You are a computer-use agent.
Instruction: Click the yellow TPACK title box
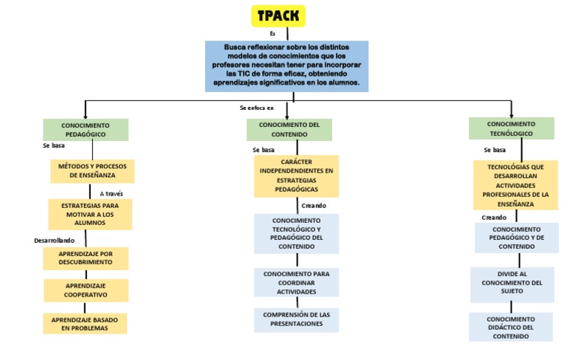pyautogui.click(x=278, y=15)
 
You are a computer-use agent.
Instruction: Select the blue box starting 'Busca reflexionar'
pyautogui.click(x=286, y=66)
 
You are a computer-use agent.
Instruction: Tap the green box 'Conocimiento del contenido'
pyautogui.click(x=289, y=129)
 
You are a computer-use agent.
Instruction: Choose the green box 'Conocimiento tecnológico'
pyautogui.click(x=511, y=128)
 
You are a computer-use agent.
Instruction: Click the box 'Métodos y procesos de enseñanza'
pyautogui.click(x=92, y=171)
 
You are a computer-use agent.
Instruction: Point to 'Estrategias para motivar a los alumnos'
pyautogui.click(x=89, y=214)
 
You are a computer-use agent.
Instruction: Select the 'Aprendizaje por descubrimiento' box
pyautogui.click(x=86, y=257)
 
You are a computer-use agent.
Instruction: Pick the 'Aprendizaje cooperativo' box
pyautogui.click(x=86, y=290)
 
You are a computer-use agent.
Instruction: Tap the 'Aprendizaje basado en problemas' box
pyautogui.click(x=85, y=323)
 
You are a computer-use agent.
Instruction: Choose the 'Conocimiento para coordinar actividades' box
pyautogui.click(x=296, y=283)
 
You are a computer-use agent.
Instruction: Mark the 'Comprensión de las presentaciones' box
pyautogui.click(x=296, y=319)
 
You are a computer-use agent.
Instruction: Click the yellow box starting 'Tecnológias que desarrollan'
pyautogui.click(x=515, y=185)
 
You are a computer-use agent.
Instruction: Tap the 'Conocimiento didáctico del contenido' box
pyautogui.click(x=510, y=327)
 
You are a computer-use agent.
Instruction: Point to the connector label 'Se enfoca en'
pyautogui.click(x=257, y=108)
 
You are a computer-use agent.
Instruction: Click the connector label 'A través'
pyautogui.click(x=111, y=194)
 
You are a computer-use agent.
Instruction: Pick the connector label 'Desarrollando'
pyautogui.click(x=54, y=240)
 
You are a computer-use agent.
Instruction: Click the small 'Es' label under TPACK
pyautogui.click(x=272, y=34)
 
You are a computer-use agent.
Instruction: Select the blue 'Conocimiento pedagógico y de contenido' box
pyautogui.click(x=516, y=238)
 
